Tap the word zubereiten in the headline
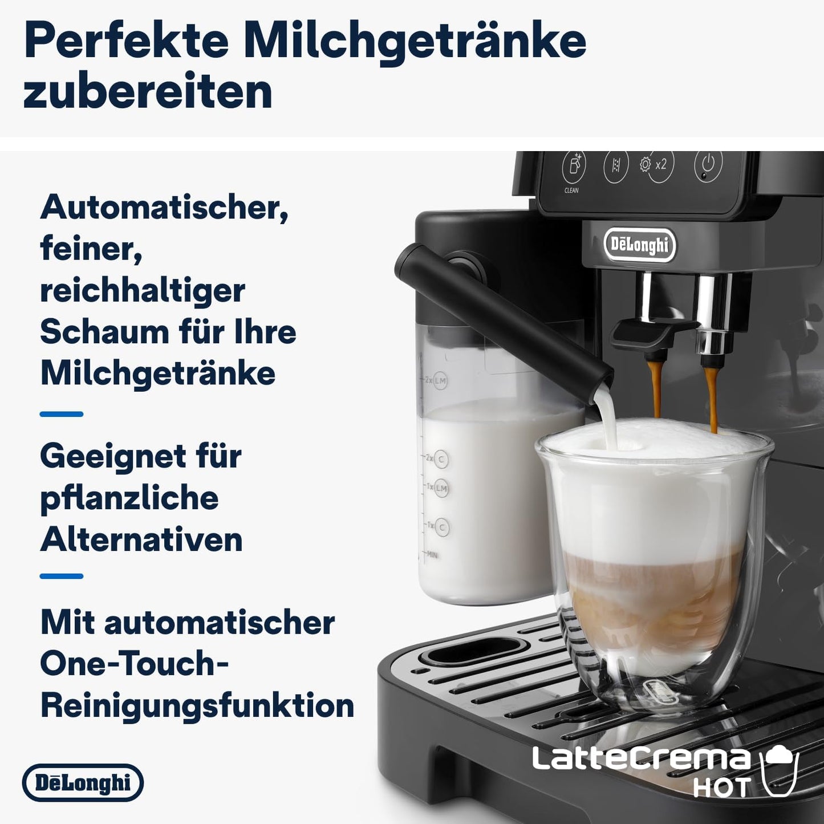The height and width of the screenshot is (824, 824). pyautogui.click(x=147, y=93)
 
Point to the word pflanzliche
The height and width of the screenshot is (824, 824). pyautogui.click(x=129, y=498)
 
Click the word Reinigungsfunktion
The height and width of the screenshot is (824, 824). pyautogui.click(x=197, y=705)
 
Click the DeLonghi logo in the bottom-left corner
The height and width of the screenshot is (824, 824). pyautogui.click(x=83, y=783)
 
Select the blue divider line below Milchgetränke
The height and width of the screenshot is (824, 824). pyautogui.click(x=62, y=414)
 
